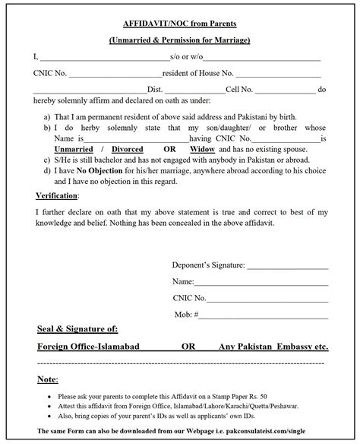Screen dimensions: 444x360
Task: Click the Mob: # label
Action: pyautogui.click(x=231, y=313)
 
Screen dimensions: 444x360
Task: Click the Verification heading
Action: pyautogui.click(x=58, y=195)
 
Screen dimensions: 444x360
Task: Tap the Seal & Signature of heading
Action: pyautogui.click(x=77, y=329)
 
